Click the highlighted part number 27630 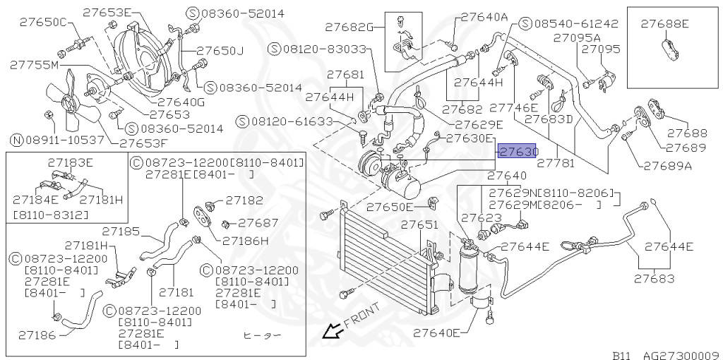(x=518, y=152)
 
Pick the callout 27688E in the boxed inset (x=664, y=24)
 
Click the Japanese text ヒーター (x=262, y=335)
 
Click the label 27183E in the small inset (x=71, y=162)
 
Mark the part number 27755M (x=34, y=65)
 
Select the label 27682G (x=349, y=28)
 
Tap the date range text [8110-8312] (x=51, y=213)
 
